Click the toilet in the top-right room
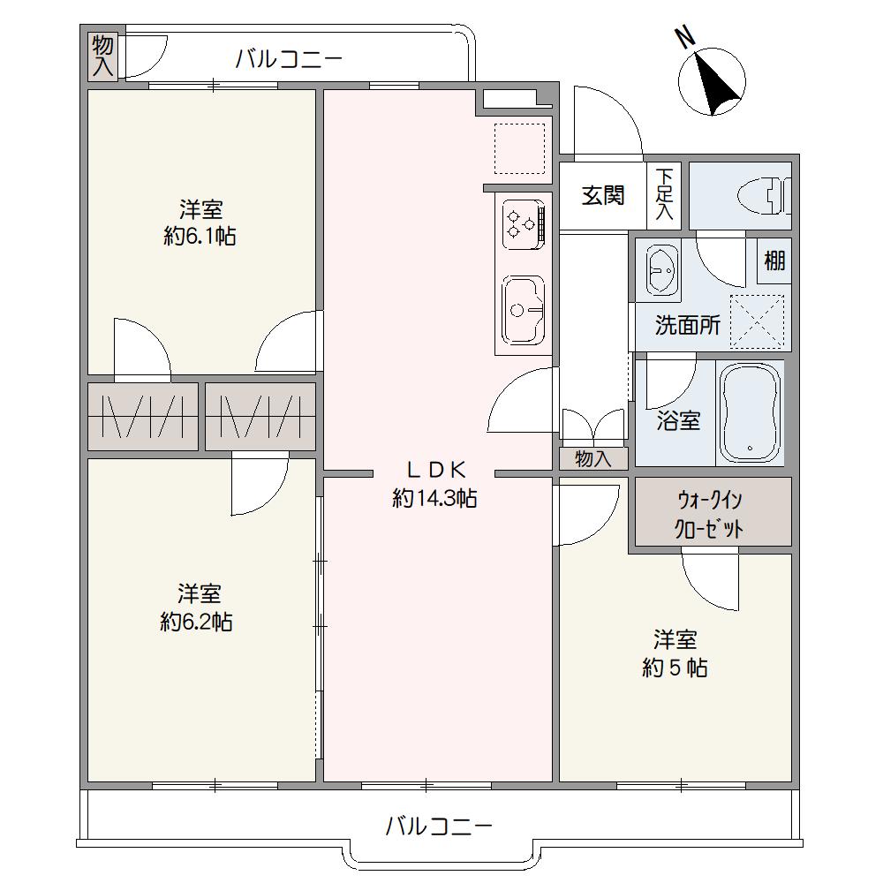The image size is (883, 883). click(764, 196)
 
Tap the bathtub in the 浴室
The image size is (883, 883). click(750, 412)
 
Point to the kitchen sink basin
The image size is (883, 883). click(523, 310)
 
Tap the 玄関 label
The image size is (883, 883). click(602, 195)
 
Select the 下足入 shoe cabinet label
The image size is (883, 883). click(665, 194)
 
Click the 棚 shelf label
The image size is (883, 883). click(774, 260)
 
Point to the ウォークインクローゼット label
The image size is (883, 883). click(710, 514)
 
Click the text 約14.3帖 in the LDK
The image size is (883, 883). click(434, 498)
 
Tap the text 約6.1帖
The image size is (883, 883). click(200, 236)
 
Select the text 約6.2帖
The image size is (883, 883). click(197, 622)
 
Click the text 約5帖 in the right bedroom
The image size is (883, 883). click(675, 668)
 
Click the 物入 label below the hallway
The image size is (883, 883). click(593, 459)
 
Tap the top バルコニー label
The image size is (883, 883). click(289, 58)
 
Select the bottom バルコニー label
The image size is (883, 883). click(439, 826)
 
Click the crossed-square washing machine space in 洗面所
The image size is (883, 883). click(757, 321)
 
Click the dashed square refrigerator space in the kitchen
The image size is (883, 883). click(520, 148)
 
